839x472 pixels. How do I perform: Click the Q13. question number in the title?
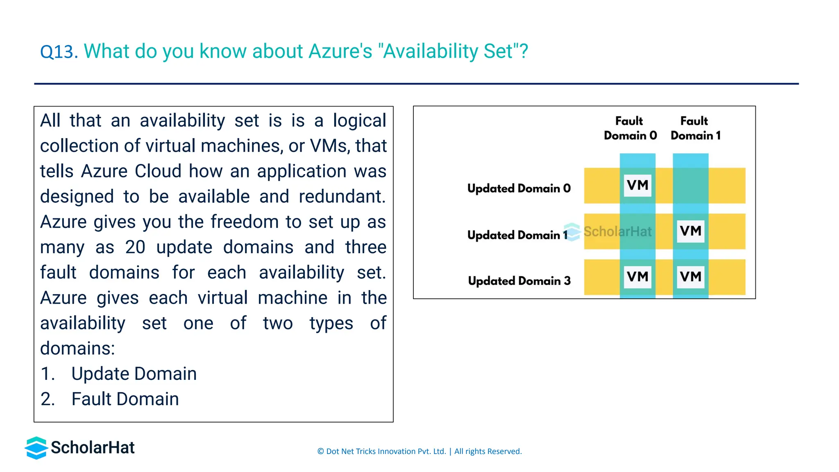59,52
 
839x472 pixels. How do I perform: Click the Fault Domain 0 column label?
630,128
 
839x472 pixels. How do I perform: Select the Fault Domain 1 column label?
695,128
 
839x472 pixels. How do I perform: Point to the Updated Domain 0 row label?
519,188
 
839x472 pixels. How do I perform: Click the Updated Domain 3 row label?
519,281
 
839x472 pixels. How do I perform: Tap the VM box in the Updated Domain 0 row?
637,185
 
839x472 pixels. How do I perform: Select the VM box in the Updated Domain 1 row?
690,231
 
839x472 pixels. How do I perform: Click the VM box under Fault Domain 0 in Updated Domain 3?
637,277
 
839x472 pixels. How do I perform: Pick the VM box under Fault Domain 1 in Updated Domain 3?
690,277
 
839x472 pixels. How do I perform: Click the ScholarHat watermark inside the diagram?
608,232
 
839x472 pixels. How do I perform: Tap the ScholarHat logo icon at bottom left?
36,447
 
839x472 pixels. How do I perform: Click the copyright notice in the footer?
419,451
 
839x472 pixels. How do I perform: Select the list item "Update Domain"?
134,374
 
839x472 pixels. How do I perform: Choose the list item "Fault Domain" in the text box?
125,399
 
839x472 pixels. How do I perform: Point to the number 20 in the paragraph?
135,247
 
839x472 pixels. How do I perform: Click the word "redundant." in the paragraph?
342,197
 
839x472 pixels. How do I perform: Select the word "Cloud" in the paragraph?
158,171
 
